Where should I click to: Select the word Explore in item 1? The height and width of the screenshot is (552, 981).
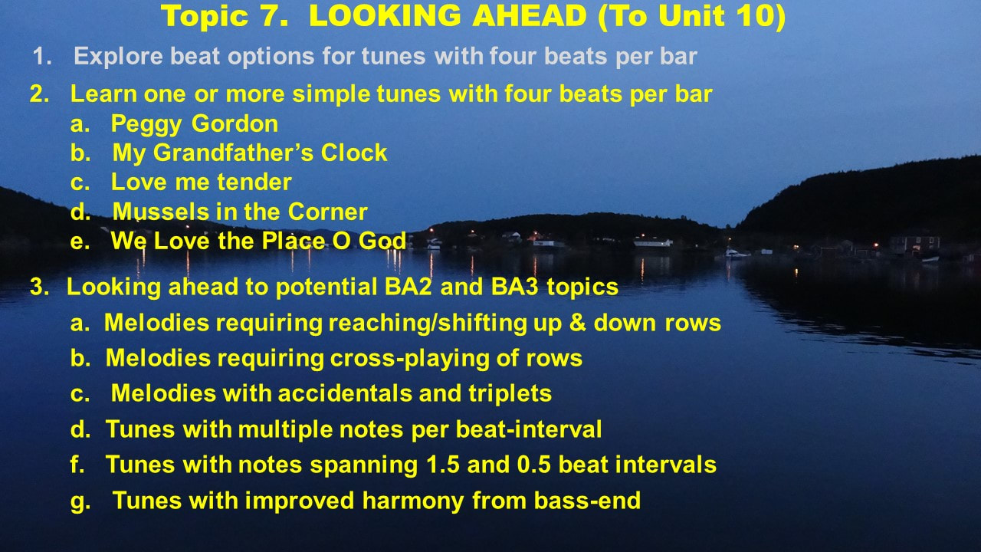pyautogui.click(x=118, y=57)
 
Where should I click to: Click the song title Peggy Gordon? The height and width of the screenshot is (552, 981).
pyautogui.click(x=195, y=124)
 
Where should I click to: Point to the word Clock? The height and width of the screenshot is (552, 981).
pyautogui.click(x=354, y=153)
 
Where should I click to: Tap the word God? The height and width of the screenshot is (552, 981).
pyautogui.click(x=382, y=241)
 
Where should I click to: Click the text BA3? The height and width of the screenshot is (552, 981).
pyautogui.click(x=514, y=287)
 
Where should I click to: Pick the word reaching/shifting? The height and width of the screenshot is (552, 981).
pyautogui.click(x=428, y=324)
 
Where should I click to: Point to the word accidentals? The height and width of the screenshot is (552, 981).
pyautogui.click(x=345, y=393)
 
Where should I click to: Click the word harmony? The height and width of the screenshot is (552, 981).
pyautogui.click(x=413, y=501)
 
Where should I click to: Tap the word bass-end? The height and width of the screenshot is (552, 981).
pyautogui.click(x=587, y=501)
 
